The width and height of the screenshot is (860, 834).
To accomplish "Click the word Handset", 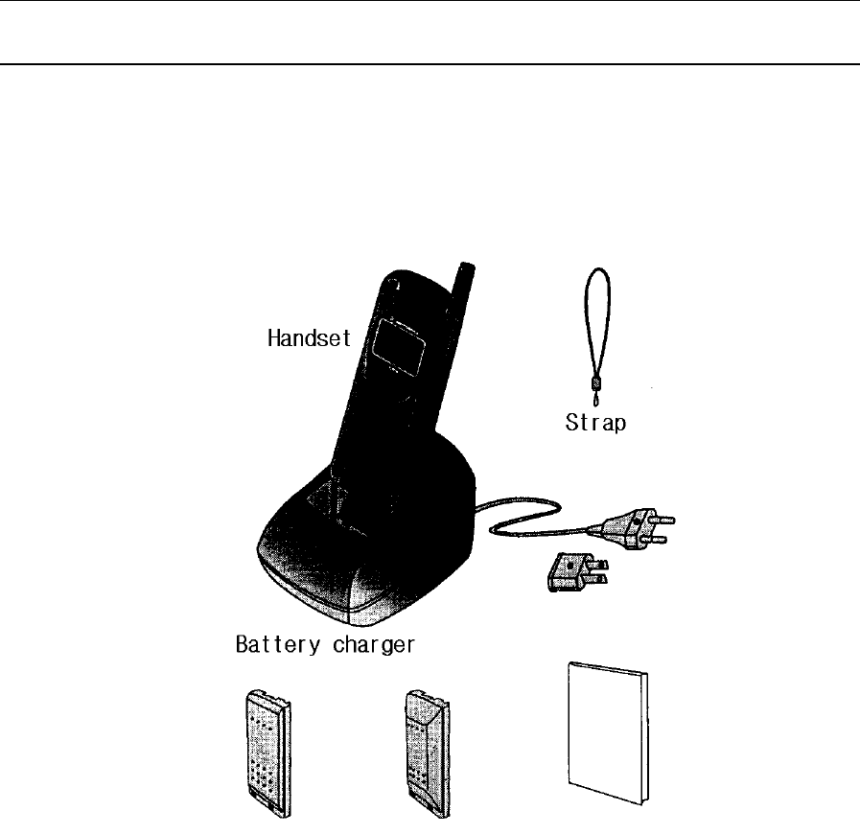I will coord(310,337).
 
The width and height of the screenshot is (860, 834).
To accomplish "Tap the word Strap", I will coord(595,422).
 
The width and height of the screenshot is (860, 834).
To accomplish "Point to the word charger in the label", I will coord(375,645).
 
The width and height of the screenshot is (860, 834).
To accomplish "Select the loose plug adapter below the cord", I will coord(575,573).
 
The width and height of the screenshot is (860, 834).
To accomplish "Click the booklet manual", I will coord(605,733).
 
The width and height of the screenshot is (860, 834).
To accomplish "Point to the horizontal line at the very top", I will coord(430,2).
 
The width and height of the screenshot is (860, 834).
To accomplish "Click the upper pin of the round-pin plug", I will coord(662,521).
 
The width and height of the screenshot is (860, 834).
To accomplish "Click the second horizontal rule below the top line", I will coord(430,65).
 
